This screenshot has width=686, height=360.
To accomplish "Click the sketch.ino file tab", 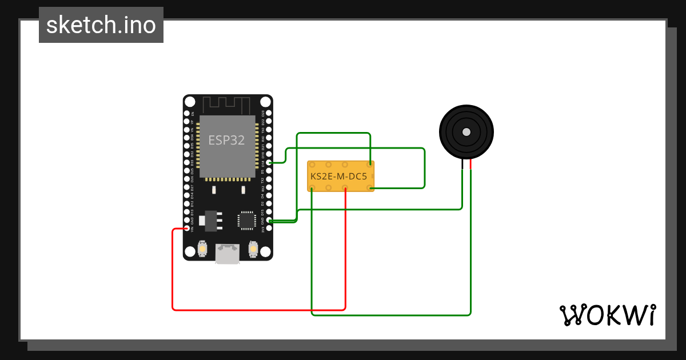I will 101,25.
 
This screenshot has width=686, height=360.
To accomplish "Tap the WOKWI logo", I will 607,315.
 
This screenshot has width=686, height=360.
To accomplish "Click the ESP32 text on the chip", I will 226,140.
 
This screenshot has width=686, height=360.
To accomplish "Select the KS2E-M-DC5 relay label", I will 339,177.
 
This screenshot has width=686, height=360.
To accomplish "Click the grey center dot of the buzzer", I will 466,132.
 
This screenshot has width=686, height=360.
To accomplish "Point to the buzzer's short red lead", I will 470,165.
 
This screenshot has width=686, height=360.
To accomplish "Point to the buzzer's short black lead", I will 462,165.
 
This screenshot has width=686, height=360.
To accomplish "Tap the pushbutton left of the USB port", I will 202,250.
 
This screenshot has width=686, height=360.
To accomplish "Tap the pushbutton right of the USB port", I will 253,250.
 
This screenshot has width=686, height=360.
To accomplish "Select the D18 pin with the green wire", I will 269,163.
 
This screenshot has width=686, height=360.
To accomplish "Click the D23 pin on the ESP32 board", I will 269,114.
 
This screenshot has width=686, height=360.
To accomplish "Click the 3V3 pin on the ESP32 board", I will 269,228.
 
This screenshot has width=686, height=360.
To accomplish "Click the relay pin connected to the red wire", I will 345,187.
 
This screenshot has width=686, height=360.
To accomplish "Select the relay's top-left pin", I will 312,165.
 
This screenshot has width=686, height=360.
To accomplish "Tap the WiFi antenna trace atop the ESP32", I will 227,105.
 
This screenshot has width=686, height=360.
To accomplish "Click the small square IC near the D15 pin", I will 246,220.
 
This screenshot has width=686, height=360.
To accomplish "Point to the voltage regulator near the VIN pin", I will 210,220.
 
